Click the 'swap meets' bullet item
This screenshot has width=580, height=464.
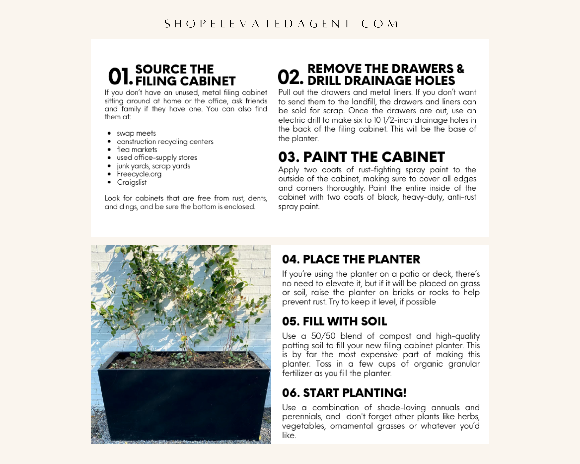tap(136, 133)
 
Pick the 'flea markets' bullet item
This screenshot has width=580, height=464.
tap(137, 150)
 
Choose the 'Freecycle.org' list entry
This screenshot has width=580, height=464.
tap(139, 174)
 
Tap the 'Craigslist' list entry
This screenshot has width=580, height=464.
tap(131, 182)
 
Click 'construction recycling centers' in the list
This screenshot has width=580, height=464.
tap(165, 142)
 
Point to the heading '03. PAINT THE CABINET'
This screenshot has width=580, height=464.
tap(361, 157)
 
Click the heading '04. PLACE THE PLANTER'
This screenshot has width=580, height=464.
tap(351, 259)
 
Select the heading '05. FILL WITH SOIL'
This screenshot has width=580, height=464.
tap(334, 322)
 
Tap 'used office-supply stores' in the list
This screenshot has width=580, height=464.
tap(157, 158)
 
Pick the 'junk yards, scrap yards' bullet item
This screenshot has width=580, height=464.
tap(153, 166)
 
